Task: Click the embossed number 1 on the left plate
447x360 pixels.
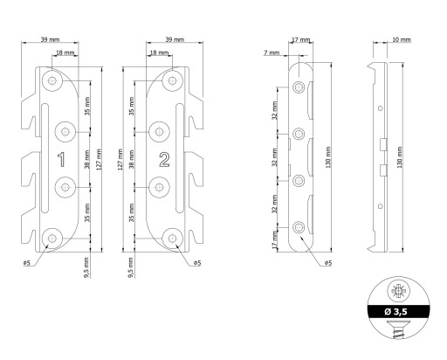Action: pyautogui.click(x=61, y=160)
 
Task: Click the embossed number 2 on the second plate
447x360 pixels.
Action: pyautogui.click(x=164, y=160)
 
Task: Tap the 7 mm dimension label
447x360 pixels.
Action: pyautogui.click(x=272, y=53)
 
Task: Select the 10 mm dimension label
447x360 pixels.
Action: pyautogui.click(x=402, y=39)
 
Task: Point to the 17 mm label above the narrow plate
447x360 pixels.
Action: pyautogui.click(x=301, y=39)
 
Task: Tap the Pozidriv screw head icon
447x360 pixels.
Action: pyautogui.click(x=398, y=291)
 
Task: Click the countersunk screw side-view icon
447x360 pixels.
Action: pyautogui.click(x=398, y=329)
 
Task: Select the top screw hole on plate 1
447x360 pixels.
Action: pyautogui.click(x=52, y=80)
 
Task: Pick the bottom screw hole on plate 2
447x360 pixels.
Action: pyautogui.click(x=172, y=239)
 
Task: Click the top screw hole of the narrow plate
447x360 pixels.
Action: pyautogui.click(x=299, y=87)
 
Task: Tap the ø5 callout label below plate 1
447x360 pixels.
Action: pyautogui.click(x=26, y=263)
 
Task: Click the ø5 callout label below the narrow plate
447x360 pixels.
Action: pyautogui.click(x=328, y=263)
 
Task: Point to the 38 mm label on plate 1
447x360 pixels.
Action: pyautogui.click(x=86, y=159)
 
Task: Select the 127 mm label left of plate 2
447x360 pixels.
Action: pyautogui.click(x=120, y=159)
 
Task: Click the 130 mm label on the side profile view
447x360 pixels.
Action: pyautogui.click(x=400, y=157)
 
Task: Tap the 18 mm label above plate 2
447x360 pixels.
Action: pyautogui.click(x=159, y=52)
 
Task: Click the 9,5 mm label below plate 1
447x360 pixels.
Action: pyautogui.click(x=86, y=267)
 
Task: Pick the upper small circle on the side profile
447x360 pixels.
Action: pyautogui.click(x=380, y=108)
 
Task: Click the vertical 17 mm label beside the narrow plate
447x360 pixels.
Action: pyautogui.click(x=275, y=240)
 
